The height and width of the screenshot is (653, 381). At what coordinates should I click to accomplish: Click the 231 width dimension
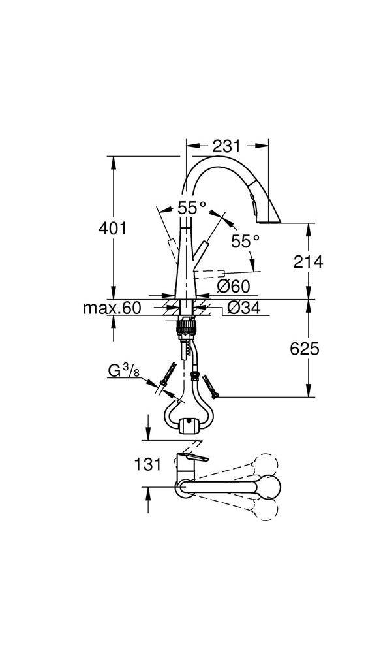[x=226, y=146]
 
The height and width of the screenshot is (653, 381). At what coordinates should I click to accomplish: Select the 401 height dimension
[x=112, y=228]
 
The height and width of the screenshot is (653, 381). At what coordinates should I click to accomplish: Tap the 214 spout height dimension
[x=308, y=262]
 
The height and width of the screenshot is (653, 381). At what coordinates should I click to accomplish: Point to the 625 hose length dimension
[x=305, y=349]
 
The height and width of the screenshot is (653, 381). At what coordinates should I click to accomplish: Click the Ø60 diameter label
[x=234, y=286]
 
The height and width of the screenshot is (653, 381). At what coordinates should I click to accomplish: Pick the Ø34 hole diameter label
[x=244, y=308]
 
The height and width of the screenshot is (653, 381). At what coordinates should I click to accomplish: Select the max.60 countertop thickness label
[x=112, y=308]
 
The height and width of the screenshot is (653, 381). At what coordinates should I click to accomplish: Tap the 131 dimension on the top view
[x=147, y=464]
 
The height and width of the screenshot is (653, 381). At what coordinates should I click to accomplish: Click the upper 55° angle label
[x=192, y=208]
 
